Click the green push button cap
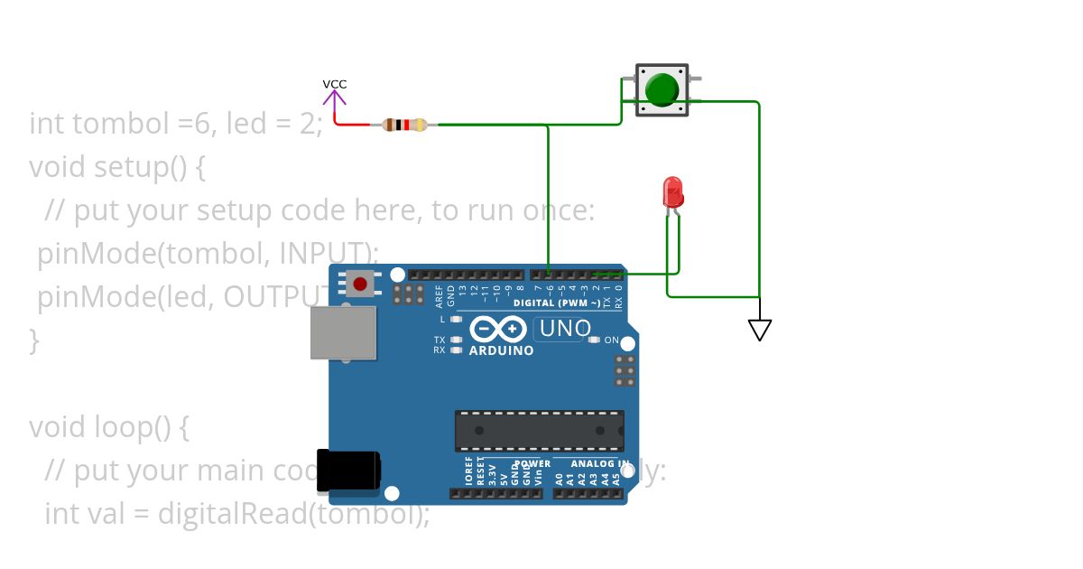[662, 89]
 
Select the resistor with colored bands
[404, 125]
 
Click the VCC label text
[335, 84]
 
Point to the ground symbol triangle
[760, 330]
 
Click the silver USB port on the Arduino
[343, 331]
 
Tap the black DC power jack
[348, 471]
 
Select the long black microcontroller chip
[539, 430]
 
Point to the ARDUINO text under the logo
[502, 350]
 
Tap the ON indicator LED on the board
[594, 340]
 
